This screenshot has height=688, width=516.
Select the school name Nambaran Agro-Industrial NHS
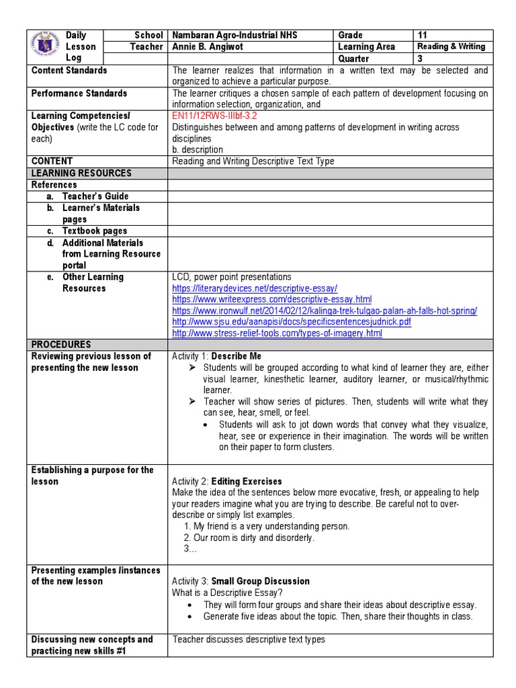pyautogui.click(x=234, y=35)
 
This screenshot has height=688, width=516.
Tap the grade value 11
pyautogui.click(x=422, y=35)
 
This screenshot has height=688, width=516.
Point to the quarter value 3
pyautogui.click(x=420, y=58)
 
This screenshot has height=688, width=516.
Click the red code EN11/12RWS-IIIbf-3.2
pyautogui.click(x=214, y=116)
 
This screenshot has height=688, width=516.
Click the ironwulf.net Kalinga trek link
pyautogui.click(x=325, y=310)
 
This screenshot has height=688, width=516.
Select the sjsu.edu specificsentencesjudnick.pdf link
pyautogui.click(x=292, y=322)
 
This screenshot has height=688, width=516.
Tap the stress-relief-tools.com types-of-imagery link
pyautogui.click(x=277, y=333)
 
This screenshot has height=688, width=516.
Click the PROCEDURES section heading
pyautogui.click(x=61, y=345)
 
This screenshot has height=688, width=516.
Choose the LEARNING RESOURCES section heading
pyautogui.click(x=81, y=173)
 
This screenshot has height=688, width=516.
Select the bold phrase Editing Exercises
pyautogui.click(x=247, y=481)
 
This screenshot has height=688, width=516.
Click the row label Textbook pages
pyautogui.click(x=94, y=230)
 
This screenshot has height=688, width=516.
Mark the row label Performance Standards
pyautogui.click(x=79, y=93)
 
